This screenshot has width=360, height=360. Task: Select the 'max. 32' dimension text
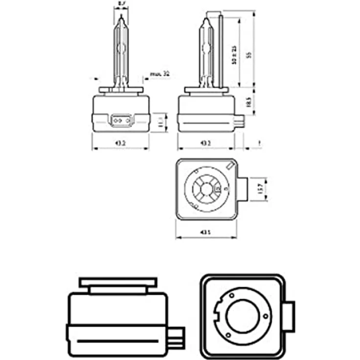(x=159, y=74)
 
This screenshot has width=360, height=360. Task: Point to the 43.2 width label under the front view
(x=120, y=143)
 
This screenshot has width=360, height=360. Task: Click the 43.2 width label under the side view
(x=205, y=143)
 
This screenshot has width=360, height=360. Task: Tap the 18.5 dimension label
(x=248, y=102)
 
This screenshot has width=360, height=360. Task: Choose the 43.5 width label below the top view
(x=205, y=233)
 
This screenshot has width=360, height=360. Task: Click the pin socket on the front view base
(x=120, y=119)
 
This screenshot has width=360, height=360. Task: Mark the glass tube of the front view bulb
(x=120, y=54)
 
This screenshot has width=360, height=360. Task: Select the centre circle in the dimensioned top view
(x=206, y=188)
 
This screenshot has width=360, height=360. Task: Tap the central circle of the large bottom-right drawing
(x=243, y=315)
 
